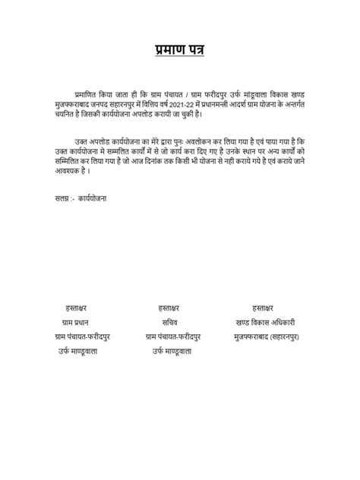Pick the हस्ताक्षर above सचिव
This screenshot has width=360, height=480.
(171, 307)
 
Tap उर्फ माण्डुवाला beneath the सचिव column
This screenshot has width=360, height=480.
(172, 351)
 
